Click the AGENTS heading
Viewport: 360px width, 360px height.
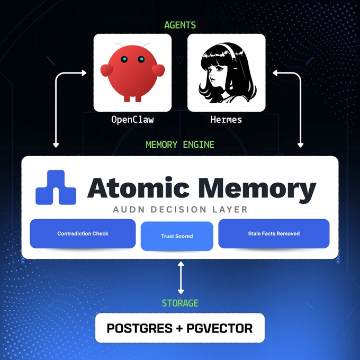pos(180,25)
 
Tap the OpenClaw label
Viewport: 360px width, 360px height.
pos(132,120)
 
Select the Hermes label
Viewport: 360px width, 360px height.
pos(226,120)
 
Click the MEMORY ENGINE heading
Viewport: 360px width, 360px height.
pos(180,145)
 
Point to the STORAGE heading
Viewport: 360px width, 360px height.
pos(180,303)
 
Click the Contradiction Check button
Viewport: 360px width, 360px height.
pos(83,233)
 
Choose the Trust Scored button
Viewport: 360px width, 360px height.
pos(177,236)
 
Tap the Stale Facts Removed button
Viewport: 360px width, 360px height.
pos(274,233)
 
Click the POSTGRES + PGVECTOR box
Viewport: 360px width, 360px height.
pos(180,328)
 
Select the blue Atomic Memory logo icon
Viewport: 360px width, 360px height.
pos(56,187)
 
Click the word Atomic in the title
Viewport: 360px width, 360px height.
pos(139,188)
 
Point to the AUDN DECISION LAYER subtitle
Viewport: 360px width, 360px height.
pos(180,210)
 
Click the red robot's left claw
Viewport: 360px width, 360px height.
pos(107,70)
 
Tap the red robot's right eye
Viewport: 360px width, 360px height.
pos(141,59)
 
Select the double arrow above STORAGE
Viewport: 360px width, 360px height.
pos(181,277)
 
